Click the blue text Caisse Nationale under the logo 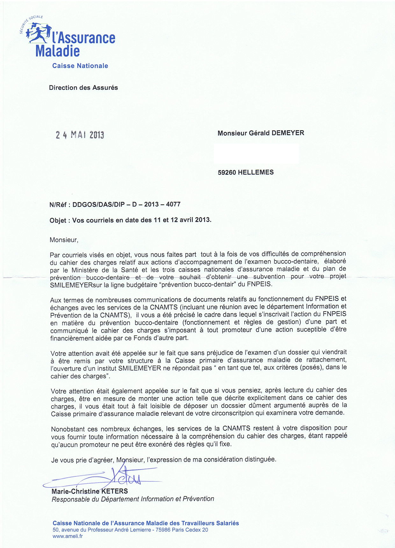pyautogui.click(x=80, y=66)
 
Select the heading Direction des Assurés pyautogui.click(x=83, y=88)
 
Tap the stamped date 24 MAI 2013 pyautogui.click(x=80, y=135)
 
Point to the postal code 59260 pyautogui.click(x=227, y=172)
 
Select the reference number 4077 pyautogui.click(x=173, y=204)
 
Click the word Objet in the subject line pyautogui.click(x=58, y=220)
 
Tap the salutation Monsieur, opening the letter pyautogui.click(x=64, y=240)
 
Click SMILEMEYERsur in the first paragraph pyautogui.click(x=71, y=285)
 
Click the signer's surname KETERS pyautogui.click(x=114, y=491)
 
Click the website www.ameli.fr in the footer pyautogui.click(x=68, y=536)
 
